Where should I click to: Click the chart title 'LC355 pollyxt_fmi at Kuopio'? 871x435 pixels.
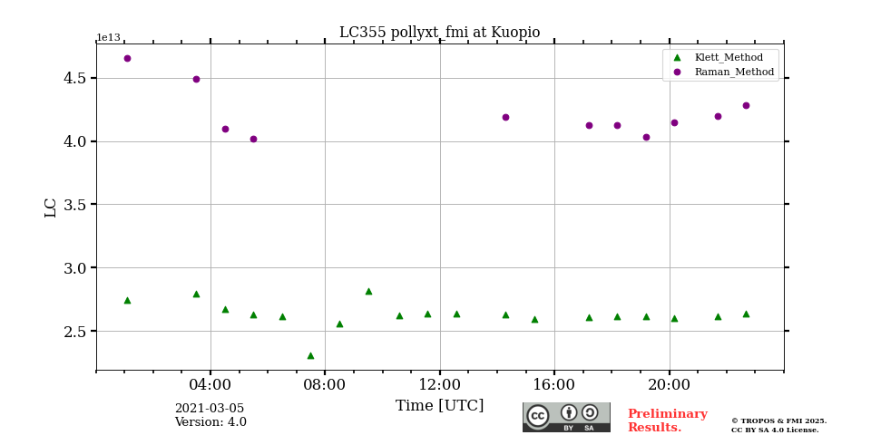pyautogui.click(x=439, y=33)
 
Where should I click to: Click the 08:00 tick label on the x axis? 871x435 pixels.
pyautogui.click(x=324, y=384)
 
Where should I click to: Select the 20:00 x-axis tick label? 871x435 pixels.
pyautogui.click(x=669, y=384)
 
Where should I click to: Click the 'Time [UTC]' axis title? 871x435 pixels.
pyautogui.click(x=439, y=406)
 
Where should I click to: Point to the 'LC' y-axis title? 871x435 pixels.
pyautogui.click(x=51, y=207)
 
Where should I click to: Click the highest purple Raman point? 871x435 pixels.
pyautogui.click(x=127, y=58)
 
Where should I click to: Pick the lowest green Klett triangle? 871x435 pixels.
pyautogui.click(x=310, y=355)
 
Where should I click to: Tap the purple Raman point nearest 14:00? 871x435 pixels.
pyautogui.click(x=505, y=117)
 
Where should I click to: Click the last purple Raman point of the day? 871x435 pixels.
pyautogui.click(x=746, y=105)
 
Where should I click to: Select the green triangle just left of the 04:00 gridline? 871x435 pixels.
pyautogui.click(x=196, y=294)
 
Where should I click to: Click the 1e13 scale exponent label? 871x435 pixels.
pyautogui.click(x=108, y=38)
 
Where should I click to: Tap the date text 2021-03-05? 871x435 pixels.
pyautogui.click(x=209, y=409)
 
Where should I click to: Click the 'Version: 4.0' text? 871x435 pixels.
pyautogui.click(x=210, y=422)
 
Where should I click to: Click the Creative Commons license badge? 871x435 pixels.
pyautogui.click(x=566, y=417)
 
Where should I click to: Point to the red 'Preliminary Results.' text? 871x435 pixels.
pyautogui.click(x=667, y=420)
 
